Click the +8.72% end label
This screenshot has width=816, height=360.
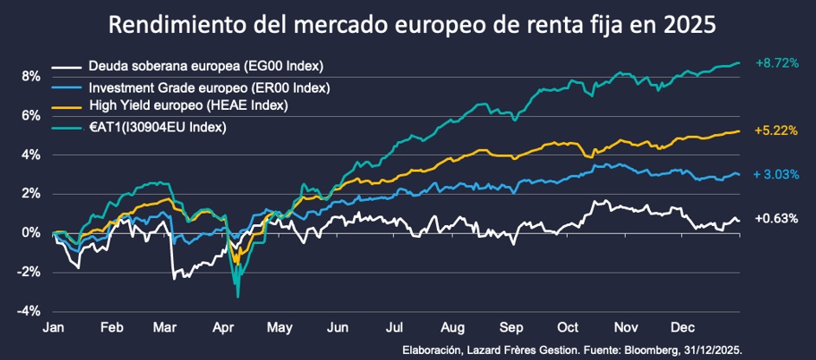click(x=776, y=64)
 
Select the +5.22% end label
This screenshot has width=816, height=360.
click(x=776, y=131)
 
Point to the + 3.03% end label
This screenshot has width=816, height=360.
click(x=776, y=175)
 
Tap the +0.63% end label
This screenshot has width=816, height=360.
click(x=776, y=219)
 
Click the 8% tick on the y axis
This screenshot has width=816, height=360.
click(x=31, y=76)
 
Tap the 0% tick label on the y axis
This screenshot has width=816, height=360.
click(x=31, y=233)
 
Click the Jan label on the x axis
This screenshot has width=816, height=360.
click(x=53, y=329)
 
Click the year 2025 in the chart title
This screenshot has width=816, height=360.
click(x=684, y=25)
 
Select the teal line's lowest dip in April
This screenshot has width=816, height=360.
click(x=238, y=296)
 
